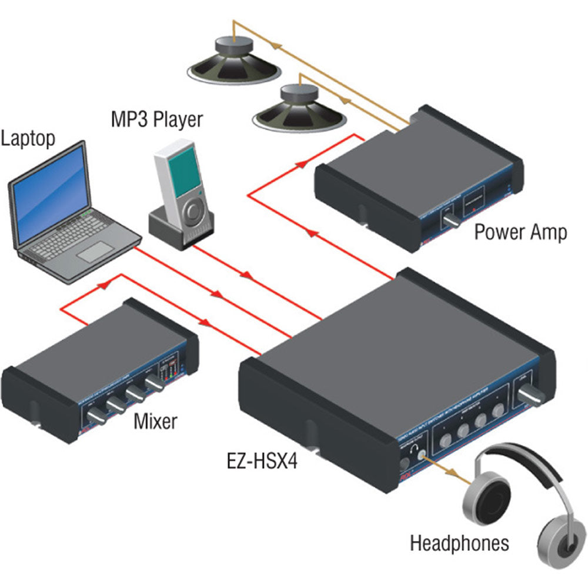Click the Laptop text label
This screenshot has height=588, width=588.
28,139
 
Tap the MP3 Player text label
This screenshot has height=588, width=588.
156,119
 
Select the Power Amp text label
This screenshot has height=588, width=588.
520,232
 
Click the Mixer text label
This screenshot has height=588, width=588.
155,421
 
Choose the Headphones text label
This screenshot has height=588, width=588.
459,542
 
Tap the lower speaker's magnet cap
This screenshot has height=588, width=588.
299,94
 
